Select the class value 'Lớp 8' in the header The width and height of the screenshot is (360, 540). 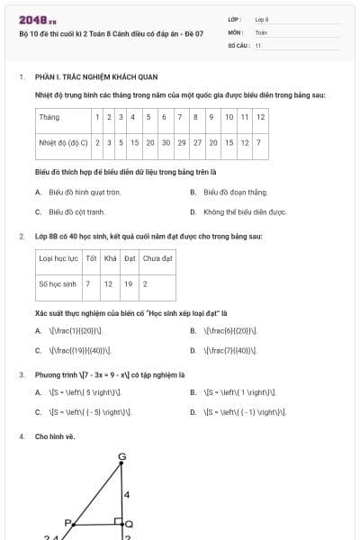coord(262,19)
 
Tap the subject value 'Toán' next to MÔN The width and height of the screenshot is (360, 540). coord(261,31)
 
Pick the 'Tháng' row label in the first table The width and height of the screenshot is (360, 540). coord(49,117)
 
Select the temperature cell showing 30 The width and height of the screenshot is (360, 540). coord(166,142)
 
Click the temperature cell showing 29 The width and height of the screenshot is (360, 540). coord(182,142)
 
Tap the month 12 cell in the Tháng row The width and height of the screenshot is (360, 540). coord(259,117)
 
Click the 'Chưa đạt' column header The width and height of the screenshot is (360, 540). coord(157,258)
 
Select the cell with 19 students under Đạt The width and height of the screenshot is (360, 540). coord(129,283)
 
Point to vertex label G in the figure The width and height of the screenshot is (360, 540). coord(121,456)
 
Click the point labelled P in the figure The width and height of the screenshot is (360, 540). coord(67,522)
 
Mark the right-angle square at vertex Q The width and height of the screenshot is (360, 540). coord(118,520)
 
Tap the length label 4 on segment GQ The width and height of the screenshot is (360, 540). coord(127,495)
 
